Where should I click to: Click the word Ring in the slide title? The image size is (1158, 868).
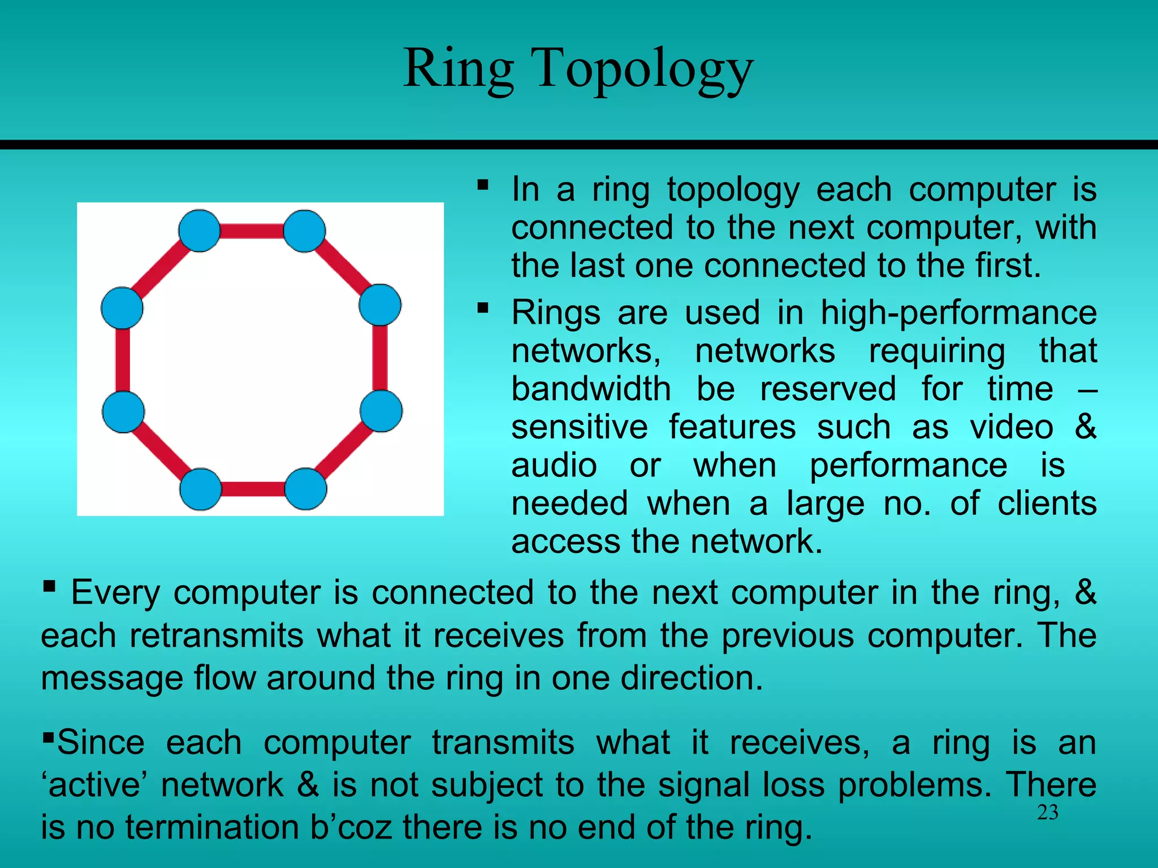(x=459, y=69)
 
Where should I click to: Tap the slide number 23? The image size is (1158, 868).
(x=1047, y=813)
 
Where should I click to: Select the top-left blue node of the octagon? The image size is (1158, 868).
(x=200, y=231)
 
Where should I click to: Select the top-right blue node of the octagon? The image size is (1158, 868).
(x=304, y=231)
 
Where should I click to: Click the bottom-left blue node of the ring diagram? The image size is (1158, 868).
(x=201, y=489)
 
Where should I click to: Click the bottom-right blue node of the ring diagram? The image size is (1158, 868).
(x=305, y=489)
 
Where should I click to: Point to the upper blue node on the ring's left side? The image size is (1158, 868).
(x=122, y=308)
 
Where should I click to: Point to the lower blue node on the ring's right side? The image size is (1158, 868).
(x=381, y=411)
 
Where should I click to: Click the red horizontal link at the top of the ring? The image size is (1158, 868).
(x=252, y=231)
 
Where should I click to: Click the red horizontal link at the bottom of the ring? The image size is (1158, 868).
(x=253, y=489)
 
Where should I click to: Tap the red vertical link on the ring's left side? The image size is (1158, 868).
(x=123, y=360)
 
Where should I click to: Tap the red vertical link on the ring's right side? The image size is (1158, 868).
(x=381, y=358)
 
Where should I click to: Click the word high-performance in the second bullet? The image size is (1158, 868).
(x=958, y=313)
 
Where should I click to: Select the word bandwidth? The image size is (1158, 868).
(x=591, y=389)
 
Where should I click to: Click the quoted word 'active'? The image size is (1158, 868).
(x=94, y=785)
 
